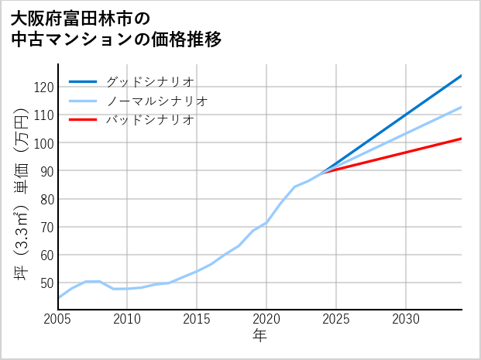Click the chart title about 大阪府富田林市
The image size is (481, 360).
pos(116,29)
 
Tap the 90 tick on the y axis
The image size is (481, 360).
pos(46,171)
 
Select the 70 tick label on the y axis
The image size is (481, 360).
pos(46,227)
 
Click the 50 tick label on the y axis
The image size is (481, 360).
pos(46,283)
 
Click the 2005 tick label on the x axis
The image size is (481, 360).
pos(58,319)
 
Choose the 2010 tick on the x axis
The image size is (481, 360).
pos(128,319)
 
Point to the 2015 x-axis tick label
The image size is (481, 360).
pos(198,319)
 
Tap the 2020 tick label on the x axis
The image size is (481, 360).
pos(266,319)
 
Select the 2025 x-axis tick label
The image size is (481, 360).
pos(336,319)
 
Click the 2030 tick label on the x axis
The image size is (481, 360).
pos(406,319)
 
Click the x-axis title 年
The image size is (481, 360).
pos(260,336)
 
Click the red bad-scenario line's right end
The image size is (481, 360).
pos(461,139)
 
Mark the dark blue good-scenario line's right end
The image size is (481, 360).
pos(461,76)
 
